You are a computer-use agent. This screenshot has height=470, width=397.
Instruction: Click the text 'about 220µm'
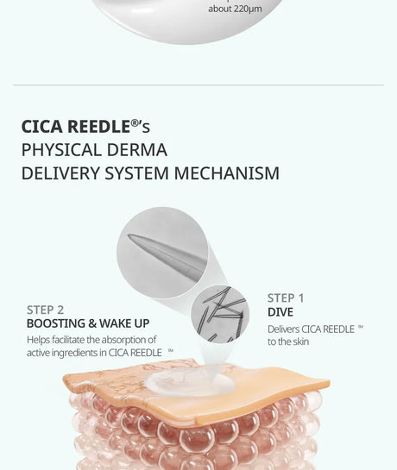click(235, 9)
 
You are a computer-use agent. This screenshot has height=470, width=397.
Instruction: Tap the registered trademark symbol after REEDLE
click(135, 123)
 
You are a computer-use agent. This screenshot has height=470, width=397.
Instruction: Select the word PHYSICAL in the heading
click(61, 149)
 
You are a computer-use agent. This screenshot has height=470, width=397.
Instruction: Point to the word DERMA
click(137, 149)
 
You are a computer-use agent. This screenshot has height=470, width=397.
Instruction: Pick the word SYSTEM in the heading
click(137, 173)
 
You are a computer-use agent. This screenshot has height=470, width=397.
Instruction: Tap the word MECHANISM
click(227, 173)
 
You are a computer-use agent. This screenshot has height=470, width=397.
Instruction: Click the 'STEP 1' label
click(286, 298)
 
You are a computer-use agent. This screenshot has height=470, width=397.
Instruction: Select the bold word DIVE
click(280, 312)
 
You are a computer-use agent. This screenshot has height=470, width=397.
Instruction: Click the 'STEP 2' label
click(46, 310)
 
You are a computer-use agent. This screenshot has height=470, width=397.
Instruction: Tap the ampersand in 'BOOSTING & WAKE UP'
click(92, 323)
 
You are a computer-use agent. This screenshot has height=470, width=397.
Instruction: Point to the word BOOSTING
click(56, 323)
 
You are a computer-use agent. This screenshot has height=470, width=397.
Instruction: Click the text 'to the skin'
click(288, 342)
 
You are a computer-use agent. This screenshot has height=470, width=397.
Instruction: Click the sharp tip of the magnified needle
click(129, 235)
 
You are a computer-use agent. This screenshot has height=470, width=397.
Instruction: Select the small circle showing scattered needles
click(220, 314)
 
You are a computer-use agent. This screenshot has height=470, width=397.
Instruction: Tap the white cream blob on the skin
click(189, 383)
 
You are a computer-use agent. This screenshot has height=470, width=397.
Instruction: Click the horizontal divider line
click(198, 85)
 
